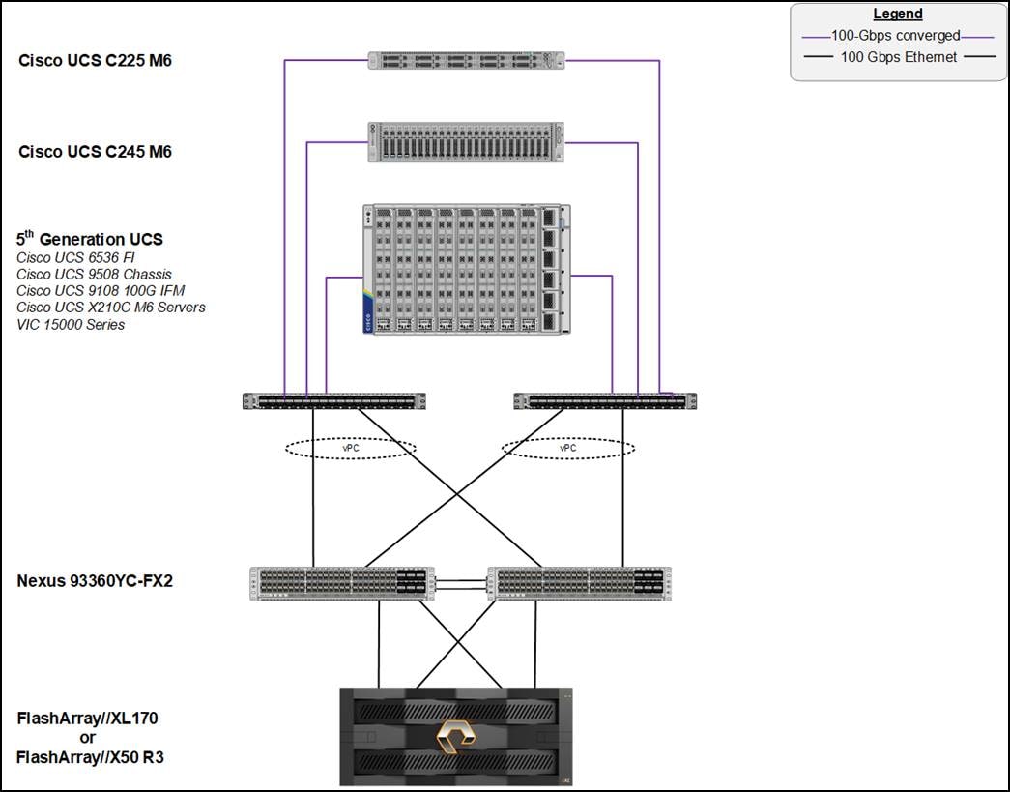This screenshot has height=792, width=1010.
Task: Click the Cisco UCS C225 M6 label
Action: pyautogui.click(x=95, y=61)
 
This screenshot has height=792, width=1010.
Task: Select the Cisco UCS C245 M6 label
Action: pyautogui.click(x=95, y=151)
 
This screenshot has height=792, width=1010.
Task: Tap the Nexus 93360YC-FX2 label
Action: pyautogui.click(x=95, y=581)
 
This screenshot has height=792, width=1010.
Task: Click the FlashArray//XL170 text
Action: pyautogui.click(x=87, y=719)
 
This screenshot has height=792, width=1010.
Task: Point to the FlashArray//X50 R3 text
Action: pyautogui.click(x=91, y=757)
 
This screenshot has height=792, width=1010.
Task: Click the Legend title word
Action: pyautogui.click(x=898, y=15)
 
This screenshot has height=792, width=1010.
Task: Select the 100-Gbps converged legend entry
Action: pyautogui.click(x=898, y=36)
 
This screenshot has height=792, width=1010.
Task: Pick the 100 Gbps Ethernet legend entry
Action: pyautogui.click(x=898, y=57)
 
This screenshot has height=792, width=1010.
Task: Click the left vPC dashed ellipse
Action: pyautogui.click(x=351, y=448)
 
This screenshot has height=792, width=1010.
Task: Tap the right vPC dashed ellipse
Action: pyautogui.click(x=568, y=448)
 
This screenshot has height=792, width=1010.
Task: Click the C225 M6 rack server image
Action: pyautogui.click(x=466, y=60)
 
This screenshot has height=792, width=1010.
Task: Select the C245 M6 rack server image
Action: pyautogui.click(x=466, y=142)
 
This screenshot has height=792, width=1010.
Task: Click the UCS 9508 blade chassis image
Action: pyautogui.click(x=466, y=269)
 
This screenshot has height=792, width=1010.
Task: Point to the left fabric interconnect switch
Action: pyautogui.click(x=334, y=400)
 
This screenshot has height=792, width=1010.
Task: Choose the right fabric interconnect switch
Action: pyautogui.click(x=605, y=400)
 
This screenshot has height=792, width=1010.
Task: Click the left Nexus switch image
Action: pyautogui.click(x=342, y=583)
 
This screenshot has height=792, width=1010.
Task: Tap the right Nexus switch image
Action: pyautogui.click(x=579, y=583)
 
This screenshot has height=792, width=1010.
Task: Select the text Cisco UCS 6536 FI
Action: pyautogui.click(x=75, y=257)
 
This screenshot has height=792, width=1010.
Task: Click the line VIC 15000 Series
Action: pyautogui.click(x=71, y=324)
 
